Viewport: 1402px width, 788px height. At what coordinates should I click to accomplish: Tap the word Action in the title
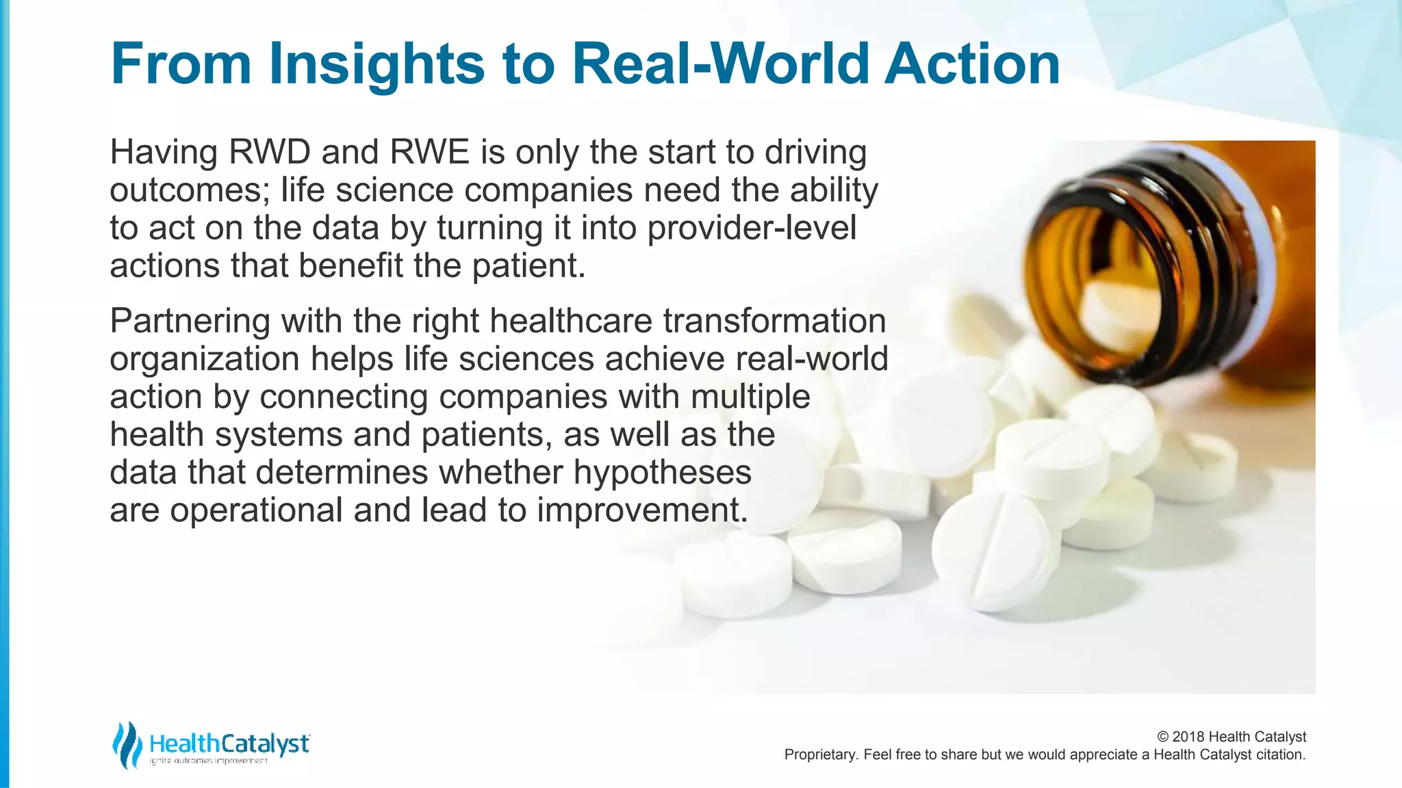(x=972, y=64)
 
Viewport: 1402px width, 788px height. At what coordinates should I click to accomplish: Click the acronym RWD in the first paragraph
(x=269, y=152)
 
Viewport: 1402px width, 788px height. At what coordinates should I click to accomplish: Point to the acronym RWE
(x=429, y=152)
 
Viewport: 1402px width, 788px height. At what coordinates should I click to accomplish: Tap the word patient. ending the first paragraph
(x=528, y=266)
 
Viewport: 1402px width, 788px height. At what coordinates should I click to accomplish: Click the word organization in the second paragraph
(x=204, y=359)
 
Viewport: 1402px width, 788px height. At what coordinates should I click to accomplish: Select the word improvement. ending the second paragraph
(x=642, y=510)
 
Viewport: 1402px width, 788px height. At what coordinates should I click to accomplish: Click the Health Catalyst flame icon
(x=127, y=744)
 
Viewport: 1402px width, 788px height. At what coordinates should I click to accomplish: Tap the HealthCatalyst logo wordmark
(x=229, y=744)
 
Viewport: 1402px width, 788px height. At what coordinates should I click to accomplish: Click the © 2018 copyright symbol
(x=1162, y=737)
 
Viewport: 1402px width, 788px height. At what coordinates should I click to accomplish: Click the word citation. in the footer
(x=1280, y=754)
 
